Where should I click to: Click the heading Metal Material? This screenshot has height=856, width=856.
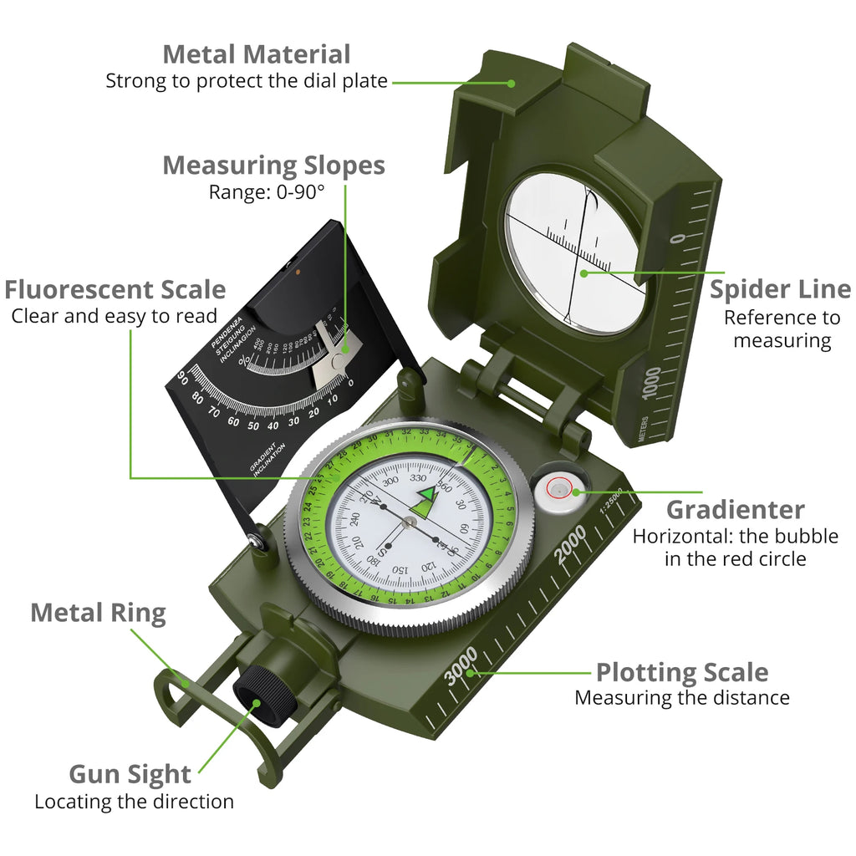(x=256, y=54)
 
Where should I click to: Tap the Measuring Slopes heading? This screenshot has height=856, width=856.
(x=273, y=166)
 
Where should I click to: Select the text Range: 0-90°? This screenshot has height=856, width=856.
(x=266, y=191)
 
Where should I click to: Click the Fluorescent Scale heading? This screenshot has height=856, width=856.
(x=115, y=290)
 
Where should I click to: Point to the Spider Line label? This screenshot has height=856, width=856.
(x=780, y=289)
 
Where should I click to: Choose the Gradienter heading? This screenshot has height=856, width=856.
(x=735, y=510)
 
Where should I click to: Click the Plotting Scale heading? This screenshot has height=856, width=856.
(x=681, y=672)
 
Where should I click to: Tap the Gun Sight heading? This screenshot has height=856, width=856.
(x=130, y=773)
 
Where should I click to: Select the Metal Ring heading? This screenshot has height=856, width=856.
(x=98, y=613)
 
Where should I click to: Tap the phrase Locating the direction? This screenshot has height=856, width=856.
(x=134, y=801)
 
